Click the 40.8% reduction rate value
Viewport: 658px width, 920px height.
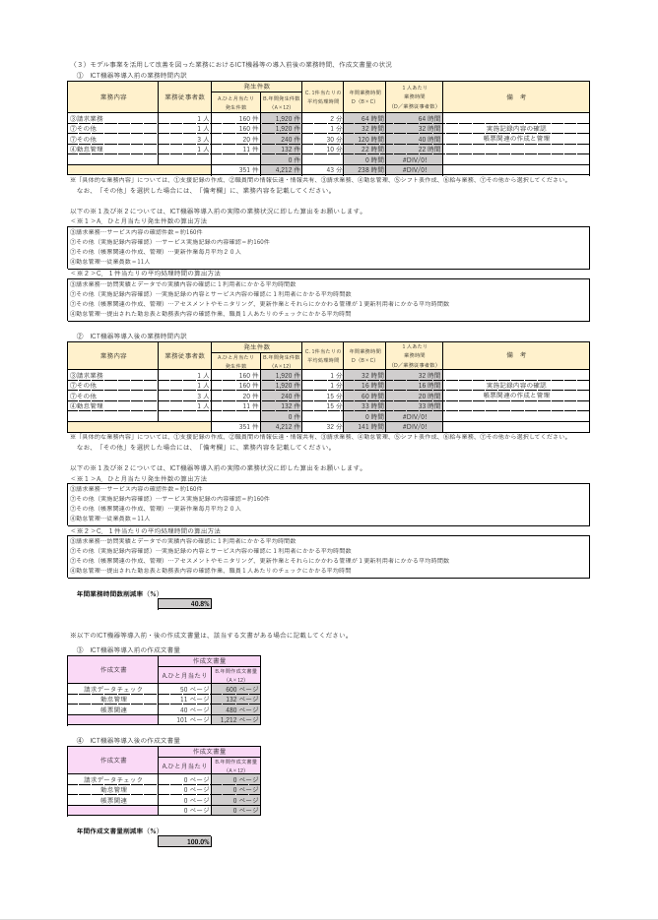(x=184, y=603)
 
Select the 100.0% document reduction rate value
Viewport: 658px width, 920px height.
(x=184, y=841)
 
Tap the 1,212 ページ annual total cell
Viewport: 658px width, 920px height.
(x=237, y=719)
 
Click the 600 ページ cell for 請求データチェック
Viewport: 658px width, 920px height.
(x=237, y=690)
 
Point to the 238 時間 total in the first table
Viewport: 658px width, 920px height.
(x=364, y=169)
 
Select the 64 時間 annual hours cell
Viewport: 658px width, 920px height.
(x=364, y=117)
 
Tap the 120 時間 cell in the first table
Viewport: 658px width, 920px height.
(x=364, y=140)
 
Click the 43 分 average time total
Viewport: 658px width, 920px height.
(x=323, y=169)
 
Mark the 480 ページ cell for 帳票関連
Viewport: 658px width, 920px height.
(x=237, y=709)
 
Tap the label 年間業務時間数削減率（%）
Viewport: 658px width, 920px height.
(x=118, y=593)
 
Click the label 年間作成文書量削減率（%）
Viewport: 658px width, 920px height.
(x=118, y=831)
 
